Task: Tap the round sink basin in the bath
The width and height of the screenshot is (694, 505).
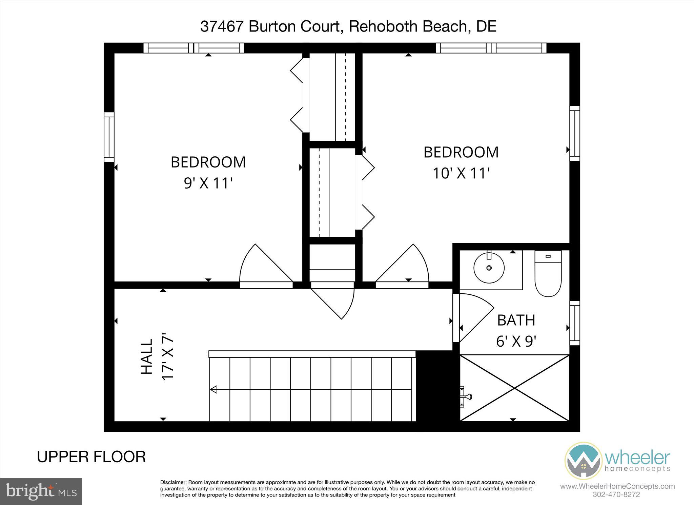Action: tap(489, 268)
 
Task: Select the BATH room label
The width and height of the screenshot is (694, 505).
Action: tap(516, 320)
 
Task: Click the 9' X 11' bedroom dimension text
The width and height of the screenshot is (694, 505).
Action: tap(208, 183)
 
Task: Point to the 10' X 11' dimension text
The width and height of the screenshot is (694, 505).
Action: tap(461, 173)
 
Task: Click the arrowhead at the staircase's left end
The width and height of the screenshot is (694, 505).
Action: tap(213, 390)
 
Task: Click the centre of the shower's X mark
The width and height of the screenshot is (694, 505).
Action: tap(514, 388)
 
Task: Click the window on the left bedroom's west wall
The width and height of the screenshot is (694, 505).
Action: tap(109, 137)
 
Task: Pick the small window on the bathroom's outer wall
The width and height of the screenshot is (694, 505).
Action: tap(574, 323)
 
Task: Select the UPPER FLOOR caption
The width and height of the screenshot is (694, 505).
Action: tap(91, 457)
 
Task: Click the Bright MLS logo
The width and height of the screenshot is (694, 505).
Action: tap(41, 491)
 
